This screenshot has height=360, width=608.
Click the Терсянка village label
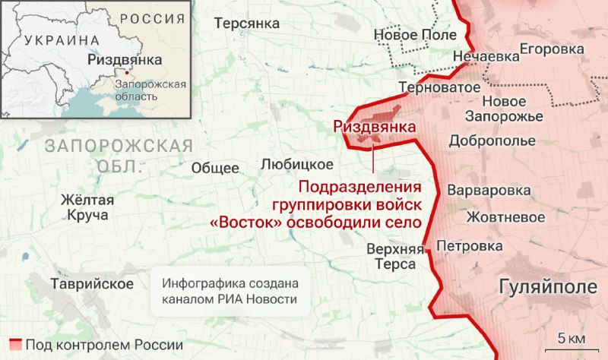coord(247,24)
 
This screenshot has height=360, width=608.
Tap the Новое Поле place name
coord(415,35)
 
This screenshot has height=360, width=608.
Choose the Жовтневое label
coord(505,217)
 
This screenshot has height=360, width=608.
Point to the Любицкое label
coord(296,164)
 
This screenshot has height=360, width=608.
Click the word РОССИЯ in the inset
coord(152,18)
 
